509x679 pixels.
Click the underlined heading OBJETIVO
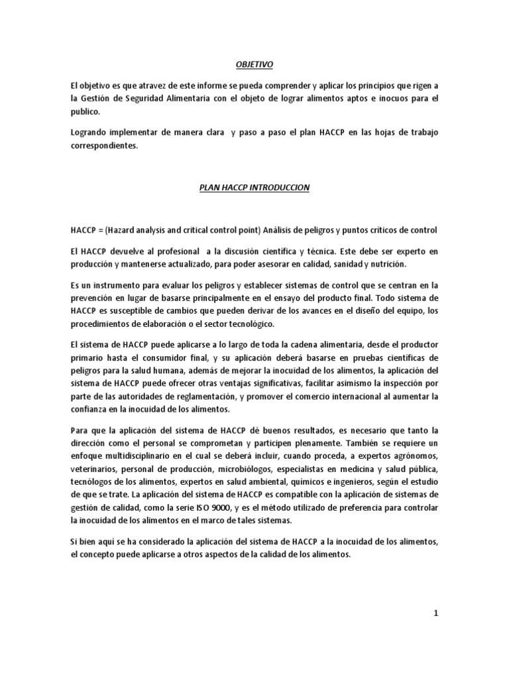(x=254, y=64)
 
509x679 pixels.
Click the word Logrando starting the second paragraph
(x=89, y=133)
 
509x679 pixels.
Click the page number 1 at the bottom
(x=435, y=613)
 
